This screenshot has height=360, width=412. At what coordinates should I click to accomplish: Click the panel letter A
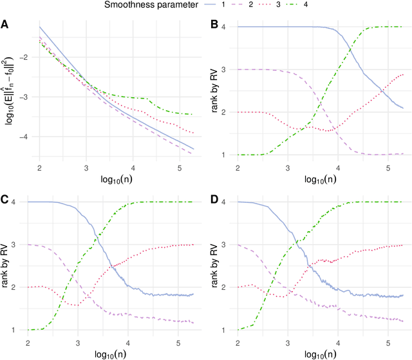coord(5,25)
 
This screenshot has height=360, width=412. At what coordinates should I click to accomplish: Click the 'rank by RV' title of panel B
coord(216,90)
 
